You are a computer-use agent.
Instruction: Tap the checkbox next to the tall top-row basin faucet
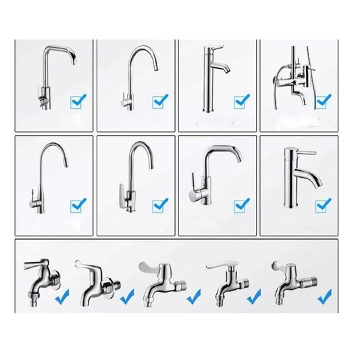click(x=242, y=101)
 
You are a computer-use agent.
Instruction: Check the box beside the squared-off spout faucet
click(x=78, y=102)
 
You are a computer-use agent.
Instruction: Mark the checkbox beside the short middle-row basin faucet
click(x=324, y=202)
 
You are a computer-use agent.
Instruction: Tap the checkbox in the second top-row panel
click(x=160, y=102)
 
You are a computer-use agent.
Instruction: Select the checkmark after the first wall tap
click(x=63, y=296)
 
